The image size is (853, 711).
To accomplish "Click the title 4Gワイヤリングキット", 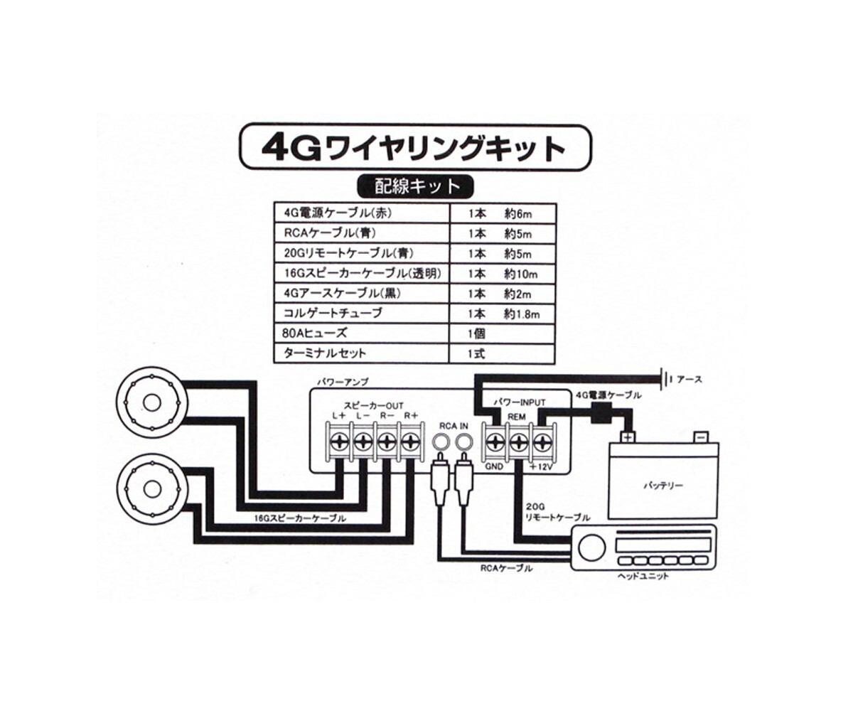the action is click(415, 148).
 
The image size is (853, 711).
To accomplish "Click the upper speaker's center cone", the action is click(151, 402).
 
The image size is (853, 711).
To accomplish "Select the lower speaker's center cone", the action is click(151, 489).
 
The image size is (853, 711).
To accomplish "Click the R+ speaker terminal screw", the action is click(408, 442).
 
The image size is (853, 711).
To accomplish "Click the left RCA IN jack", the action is click(442, 443).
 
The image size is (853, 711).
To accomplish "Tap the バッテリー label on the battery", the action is click(662, 486).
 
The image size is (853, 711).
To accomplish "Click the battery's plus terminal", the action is click(628, 437).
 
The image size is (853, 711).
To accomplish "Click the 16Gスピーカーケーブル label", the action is click(300, 519).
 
